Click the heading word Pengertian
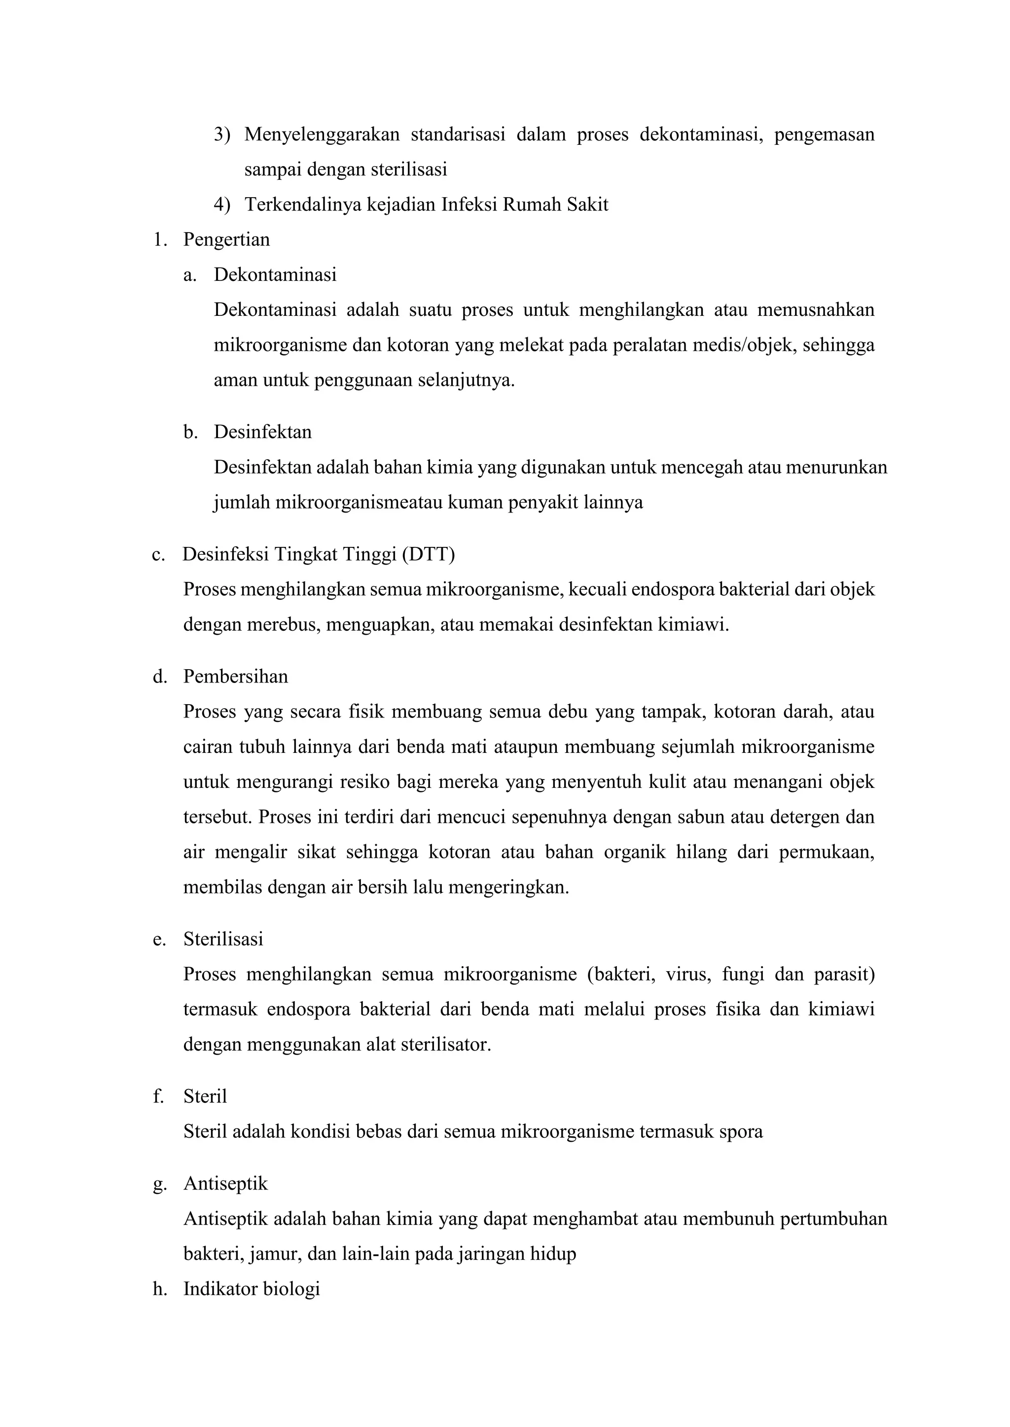pyautogui.click(x=226, y=240)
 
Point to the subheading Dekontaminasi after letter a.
pyautogui.click(x=275, y=275)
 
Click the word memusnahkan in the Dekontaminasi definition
pyautogui.click(x=815, y=309)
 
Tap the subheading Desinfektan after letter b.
pyautogui.click(x=262, y=432)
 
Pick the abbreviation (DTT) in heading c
pyautogui.click(x=428, y=554)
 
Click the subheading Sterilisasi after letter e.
pyautogui.click(x=222, y=939)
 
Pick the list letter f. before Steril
pyautogui.click(x=158, y=1096)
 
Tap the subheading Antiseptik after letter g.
pyautogui.click(x=225, y=1184)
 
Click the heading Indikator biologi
pyautogui.click(x=251, y=1289)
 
